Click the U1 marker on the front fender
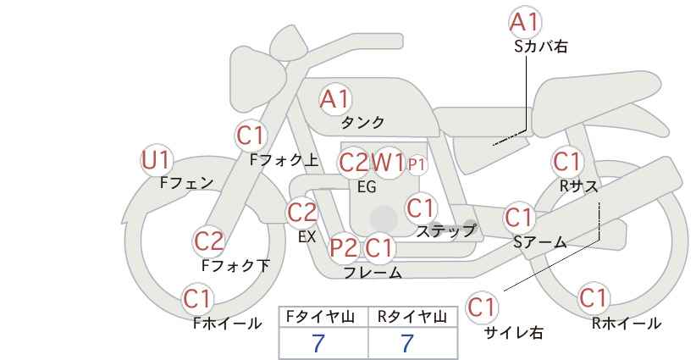click(x=156, y=160)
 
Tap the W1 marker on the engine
click(x=388, y=163)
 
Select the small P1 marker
click(x=417, y=165)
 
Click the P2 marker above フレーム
click(x=344, y=247)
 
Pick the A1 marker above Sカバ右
click(x=525, y=22)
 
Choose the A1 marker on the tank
click(x=335, y=99)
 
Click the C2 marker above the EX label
click(x=302, y=213)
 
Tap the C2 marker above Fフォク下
click(x=209, y=241)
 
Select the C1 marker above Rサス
click(x=566, y=162)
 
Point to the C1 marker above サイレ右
click(x=482, y=307)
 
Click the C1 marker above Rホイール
click(x=593, y=297)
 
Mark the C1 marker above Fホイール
click(x=197, y=299)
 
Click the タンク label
click(x=362, y=123)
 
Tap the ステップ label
click(x=445, y=231)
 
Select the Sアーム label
click(x=539, y=242)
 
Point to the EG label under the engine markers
click(x=367, y=187)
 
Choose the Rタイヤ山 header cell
click(x=413, y=317)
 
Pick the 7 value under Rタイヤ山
click(x=407, y=343)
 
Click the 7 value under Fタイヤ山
click(x=318, y=343)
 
